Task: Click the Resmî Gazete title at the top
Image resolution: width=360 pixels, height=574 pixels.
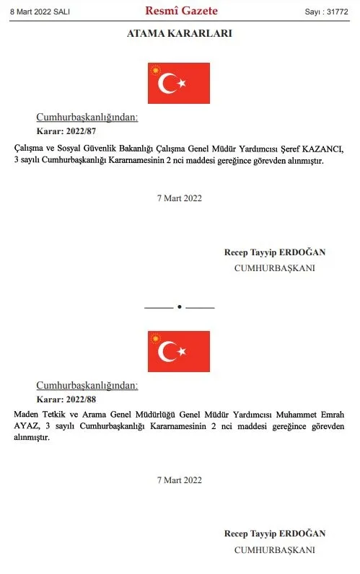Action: pyautogui.click(x=181, y=11)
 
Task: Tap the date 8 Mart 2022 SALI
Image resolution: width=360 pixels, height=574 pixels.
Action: pyautogui.click(x=39, y=12)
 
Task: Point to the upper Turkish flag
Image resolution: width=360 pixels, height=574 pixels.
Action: pyautogui.click(x=179, y=82)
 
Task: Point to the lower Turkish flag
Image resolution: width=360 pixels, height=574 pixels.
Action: pyautogui.click(x=179, y=351)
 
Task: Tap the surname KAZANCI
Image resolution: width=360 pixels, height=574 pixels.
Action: pyautogui.click(x=323, y=149)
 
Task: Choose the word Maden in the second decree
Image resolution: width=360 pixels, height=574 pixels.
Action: pyautogui.click(x=25, y=414)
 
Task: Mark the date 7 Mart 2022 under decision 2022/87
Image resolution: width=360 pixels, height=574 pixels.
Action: pyautogui.click(x=180, y=198)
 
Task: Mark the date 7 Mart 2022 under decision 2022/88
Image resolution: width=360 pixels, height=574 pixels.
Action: pyautogui.click(x=180, y=480)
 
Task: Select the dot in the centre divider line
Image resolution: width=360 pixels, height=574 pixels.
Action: pyautogui.click(x=180, y=307)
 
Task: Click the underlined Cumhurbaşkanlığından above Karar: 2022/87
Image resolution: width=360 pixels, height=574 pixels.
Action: pyautogui.click(x=87, y=118)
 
